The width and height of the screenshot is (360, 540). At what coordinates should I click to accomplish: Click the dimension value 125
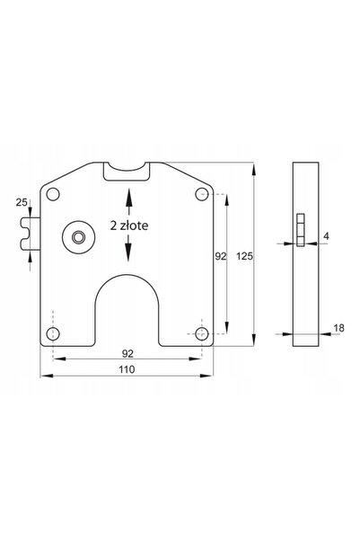pos(245,256)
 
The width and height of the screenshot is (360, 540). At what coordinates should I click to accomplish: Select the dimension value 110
pos(127,369)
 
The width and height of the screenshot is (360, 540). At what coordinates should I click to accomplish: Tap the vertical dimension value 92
pos(221,256)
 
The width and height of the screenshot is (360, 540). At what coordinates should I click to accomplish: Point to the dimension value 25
pos(22,202)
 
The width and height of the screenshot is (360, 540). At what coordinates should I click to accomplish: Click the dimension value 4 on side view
pos(326,236)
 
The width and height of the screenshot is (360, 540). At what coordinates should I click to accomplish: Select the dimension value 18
pos(338,328)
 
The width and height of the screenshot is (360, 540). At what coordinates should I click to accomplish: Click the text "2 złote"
pos(129,226)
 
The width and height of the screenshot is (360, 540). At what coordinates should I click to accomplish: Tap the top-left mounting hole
pos(53,194)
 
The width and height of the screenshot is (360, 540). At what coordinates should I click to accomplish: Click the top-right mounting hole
pos(202,194)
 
